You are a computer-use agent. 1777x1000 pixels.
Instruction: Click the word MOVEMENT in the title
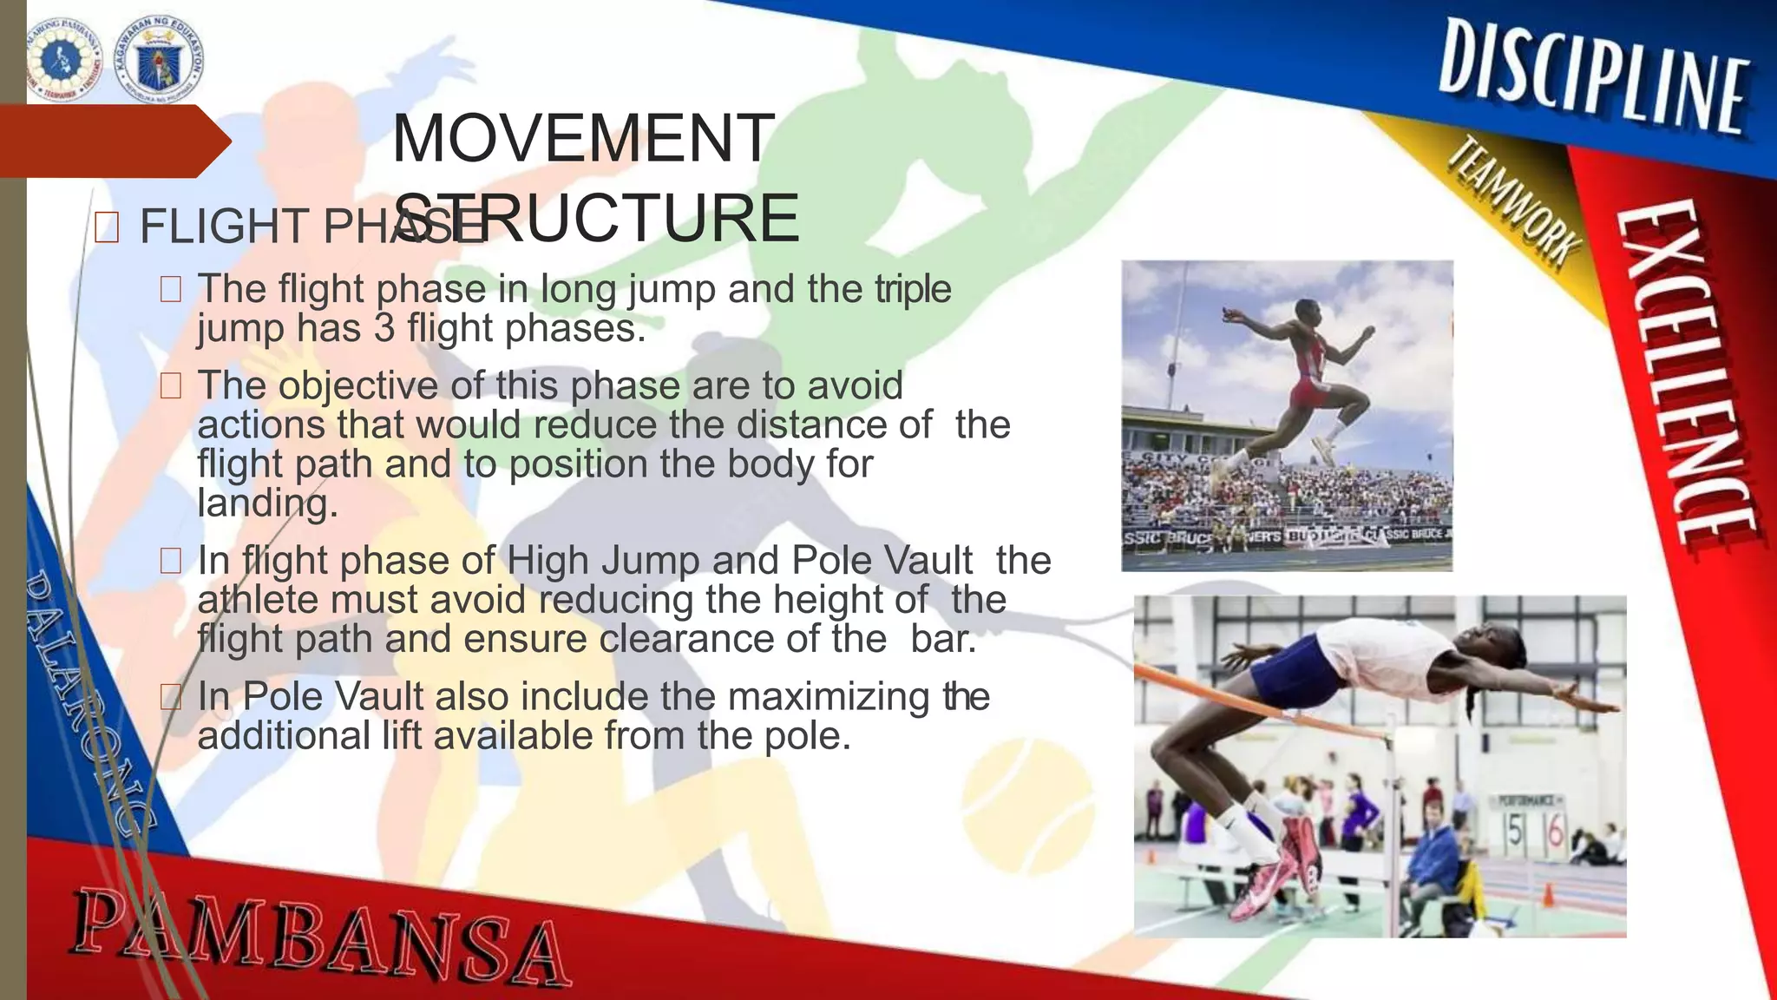pos(581,139)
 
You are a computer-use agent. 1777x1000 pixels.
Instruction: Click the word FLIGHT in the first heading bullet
pos(224,227)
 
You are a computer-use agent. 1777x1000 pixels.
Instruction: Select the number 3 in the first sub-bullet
pos(384,328)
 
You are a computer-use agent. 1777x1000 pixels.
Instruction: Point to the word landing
pos(266,503)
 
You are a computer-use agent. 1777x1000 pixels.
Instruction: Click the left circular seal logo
pos(63,61)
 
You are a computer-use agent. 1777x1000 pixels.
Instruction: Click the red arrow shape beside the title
pos(113,141)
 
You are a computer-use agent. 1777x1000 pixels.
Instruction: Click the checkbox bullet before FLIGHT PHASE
pos(106,228)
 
